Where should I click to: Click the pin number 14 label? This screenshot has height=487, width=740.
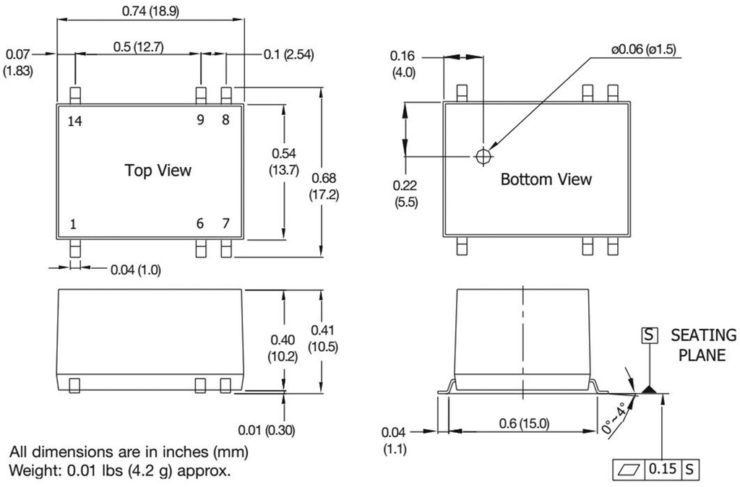(x=75, y=121)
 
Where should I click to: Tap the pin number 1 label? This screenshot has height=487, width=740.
(x=73, y=225)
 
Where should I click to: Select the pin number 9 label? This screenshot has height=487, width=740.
(x=201, y=121)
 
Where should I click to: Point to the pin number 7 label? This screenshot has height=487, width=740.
(x=225, y=224)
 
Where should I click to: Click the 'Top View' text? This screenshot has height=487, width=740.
(x=158, y=171)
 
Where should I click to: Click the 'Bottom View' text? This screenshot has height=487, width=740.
(x=546, y=179)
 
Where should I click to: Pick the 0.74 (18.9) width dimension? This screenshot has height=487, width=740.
(x=150, y=12)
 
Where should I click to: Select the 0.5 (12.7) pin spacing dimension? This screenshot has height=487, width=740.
(x=139, y=47)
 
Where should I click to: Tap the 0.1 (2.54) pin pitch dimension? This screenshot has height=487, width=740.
(x=288, y=55)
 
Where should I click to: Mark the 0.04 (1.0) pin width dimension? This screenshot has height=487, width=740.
(x=136, y=270)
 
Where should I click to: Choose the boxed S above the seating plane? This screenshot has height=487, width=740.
(x=650, y=335)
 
